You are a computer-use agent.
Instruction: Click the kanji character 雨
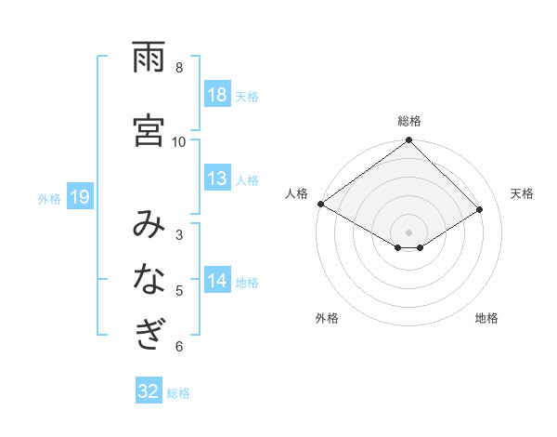coord(149,58)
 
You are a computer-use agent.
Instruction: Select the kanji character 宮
coord(149,129)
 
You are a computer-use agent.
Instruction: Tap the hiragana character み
coord(149,225)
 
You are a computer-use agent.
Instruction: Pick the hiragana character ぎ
coord(149,333)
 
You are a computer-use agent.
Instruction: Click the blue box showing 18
coord(217,96)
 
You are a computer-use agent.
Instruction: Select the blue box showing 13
coord(217,179)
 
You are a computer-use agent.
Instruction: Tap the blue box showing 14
coord(217,282)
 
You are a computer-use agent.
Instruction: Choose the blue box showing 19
coord(80,197)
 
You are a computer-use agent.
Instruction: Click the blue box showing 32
coord(149,391)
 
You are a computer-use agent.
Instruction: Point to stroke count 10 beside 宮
coord(179,141)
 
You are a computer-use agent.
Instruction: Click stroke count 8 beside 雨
coord(179,67)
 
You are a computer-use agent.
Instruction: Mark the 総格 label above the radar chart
coord(409,121)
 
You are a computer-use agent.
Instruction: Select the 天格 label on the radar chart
coord(522,193)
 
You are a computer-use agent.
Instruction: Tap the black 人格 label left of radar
coord(297,193)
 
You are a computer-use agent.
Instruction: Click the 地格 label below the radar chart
coord(486,318)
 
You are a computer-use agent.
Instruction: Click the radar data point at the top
coord(408,141)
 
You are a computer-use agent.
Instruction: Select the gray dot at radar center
coord(408,232)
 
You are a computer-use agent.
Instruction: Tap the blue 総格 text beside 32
coord(178,392)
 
